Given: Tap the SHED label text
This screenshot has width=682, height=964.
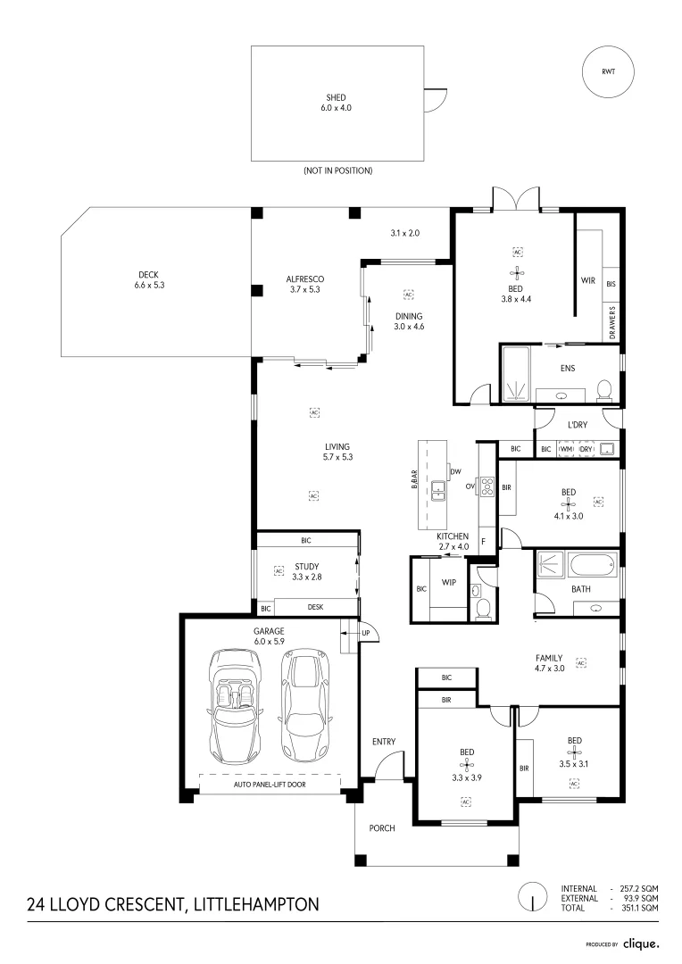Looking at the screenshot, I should coord(336,97).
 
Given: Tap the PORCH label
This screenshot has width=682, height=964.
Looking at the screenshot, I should coord(382,827).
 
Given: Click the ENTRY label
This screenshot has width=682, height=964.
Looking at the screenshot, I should coord(384,742).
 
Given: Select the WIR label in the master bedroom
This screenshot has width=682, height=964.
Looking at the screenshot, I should coord(587,280).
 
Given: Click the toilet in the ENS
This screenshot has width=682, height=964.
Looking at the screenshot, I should coord(603,389).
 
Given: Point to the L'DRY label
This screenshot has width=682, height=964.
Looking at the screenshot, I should coord(577,425).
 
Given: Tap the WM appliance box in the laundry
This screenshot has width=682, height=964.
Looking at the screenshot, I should coord(566,449).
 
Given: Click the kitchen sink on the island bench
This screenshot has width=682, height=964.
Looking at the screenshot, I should coord(438,489).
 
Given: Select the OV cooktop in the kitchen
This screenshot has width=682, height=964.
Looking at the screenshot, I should coord(487,486).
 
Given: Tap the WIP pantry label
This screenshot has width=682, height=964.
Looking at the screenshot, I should coord(449,584).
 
